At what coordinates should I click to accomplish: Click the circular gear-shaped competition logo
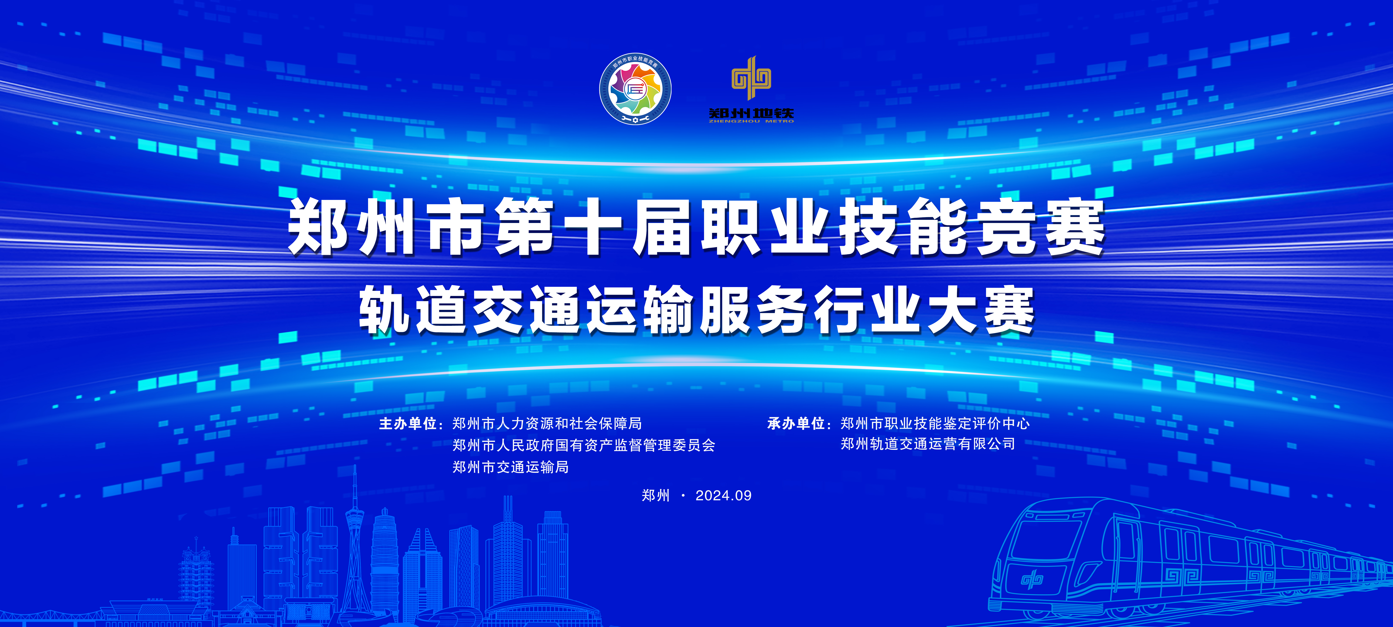point(635,89)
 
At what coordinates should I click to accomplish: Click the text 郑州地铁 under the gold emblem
point(751,113)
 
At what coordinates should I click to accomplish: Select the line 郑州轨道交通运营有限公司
point(928,444)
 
